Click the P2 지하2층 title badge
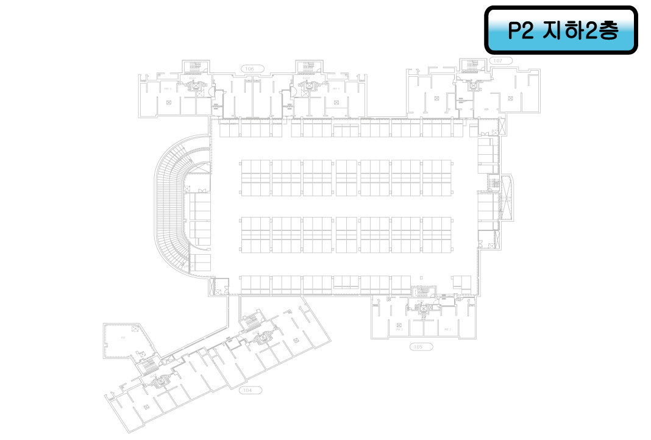pyautogui.click(x=561, y=30)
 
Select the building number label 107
pyautogui.click(x=498, y=61)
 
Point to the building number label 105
pyautogui.click(x=418, y=346)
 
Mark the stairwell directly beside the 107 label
pyautogui.click(x=471, y=65)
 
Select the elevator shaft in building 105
pyautogui.click(x=421, y=308)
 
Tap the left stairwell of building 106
pyautogui.click(x=195, y=66)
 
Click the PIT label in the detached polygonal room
pyautogui.click(x=123, y=337)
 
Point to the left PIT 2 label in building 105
pyautogui.click(x=399, y=329)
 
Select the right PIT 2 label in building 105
pyautogui.click(x=447, y=329)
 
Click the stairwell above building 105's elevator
pyautogui.click(x=421, y=293)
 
